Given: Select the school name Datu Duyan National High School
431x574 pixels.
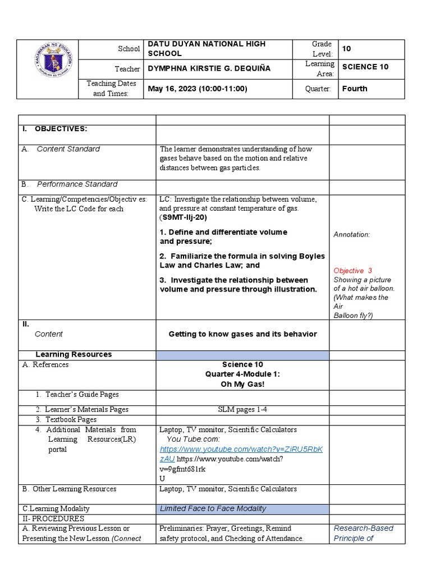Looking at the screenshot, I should tap(206, 49).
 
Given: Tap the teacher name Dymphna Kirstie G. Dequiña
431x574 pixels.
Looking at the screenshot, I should tap(209, 68).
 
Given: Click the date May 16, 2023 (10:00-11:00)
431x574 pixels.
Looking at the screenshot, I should tap(197, 89).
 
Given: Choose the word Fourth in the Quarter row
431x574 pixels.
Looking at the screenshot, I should tap(355, 89).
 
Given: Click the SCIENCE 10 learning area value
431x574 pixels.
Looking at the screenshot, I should tap(365, 67).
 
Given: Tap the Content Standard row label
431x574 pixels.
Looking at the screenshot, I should tap(68, 149).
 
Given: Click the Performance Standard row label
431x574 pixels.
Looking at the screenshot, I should tap(77, 184).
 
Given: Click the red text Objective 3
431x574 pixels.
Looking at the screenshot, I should tap(352, 271).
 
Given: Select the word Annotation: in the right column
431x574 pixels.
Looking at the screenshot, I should tap(351, 235).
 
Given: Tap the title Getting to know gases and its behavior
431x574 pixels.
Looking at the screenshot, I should tap(242, 334).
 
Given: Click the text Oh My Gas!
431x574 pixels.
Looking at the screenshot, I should tap(242, 384).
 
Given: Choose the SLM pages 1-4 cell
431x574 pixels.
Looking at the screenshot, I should tap(242, 410).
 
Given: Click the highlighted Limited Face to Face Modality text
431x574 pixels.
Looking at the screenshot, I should tap(213, 509).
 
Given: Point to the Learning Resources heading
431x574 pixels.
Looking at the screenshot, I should tap(74, 354).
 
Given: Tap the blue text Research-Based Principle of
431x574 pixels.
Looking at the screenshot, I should tap(363, 533).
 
